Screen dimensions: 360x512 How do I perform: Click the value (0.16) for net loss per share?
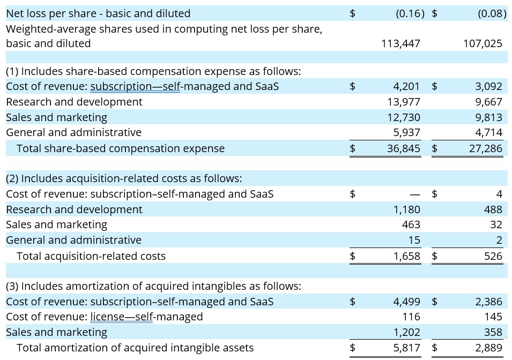click(410, 13)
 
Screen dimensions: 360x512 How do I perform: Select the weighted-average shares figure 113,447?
click(400, 43)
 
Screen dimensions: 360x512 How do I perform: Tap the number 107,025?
click(483, 43)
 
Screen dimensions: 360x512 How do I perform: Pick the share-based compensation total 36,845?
click(403, 148)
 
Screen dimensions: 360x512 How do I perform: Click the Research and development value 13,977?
click(403, 102)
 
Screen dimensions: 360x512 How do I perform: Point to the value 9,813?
click(488, 117)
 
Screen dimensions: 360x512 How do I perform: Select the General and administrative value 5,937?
click(406, 132)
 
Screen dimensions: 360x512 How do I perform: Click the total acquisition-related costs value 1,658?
click(406, 256)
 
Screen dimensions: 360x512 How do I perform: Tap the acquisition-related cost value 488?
click(493, 209)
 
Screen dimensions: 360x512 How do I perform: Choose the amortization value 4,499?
click(406, 302)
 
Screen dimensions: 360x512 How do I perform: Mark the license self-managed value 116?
click(411, 317)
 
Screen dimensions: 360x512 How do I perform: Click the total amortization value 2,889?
click(488, 348)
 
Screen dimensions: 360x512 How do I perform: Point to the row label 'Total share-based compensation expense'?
click(121, 148)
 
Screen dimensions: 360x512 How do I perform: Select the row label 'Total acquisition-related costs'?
click(91, 256)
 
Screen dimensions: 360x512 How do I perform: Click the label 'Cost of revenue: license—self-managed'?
click(104, 317)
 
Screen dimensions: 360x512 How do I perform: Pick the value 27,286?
click(485, 148)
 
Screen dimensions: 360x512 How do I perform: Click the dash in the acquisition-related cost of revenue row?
click(414, 194)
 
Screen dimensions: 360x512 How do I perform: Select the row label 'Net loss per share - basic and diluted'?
click(98, 13)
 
